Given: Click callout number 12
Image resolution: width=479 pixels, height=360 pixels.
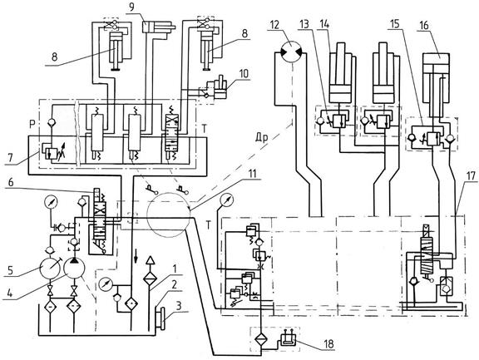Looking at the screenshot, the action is pos(275,25).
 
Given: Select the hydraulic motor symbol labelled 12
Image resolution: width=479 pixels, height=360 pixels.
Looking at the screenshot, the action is pos(292,51).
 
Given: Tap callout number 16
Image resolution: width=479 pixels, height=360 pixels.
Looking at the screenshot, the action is pos(423,25).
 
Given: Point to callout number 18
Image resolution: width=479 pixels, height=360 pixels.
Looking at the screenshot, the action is pos(329,344).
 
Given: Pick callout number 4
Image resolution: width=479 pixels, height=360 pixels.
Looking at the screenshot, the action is pos(10,293).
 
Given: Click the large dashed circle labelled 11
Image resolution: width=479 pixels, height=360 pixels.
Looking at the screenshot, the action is pos(168,214).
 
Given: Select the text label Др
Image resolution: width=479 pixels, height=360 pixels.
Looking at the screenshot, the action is pos(262,138).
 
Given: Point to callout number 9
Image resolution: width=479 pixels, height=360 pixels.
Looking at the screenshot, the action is pos(131,7).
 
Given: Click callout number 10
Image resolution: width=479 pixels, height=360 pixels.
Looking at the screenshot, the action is pos(244,74).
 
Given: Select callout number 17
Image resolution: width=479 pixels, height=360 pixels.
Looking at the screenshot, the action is pos(471,175).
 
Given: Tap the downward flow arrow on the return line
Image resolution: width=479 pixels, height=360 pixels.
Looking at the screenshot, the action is pos(136,258).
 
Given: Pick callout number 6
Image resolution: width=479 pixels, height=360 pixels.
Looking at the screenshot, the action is pos(11,182).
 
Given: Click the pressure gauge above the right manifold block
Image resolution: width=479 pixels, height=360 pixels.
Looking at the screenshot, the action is pos(227,200).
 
